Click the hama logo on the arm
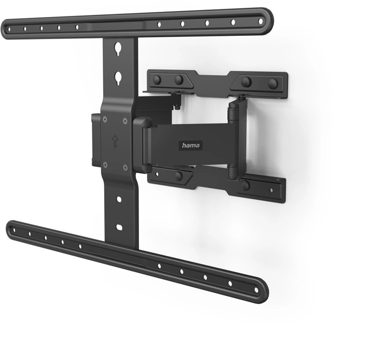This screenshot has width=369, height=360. tap(190, 145)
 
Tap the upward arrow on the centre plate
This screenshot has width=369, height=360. tap(115, 141)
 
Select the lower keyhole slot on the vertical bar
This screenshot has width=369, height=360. tap(118, 79)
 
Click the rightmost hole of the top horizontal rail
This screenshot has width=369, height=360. tap(260, 21)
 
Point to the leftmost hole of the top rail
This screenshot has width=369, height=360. tap(9, 30)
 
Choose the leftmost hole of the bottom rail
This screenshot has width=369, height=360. tap(14, 230)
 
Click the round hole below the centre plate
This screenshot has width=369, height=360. tap(119, 200)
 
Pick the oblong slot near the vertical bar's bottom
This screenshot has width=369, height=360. tap(120, 227)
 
